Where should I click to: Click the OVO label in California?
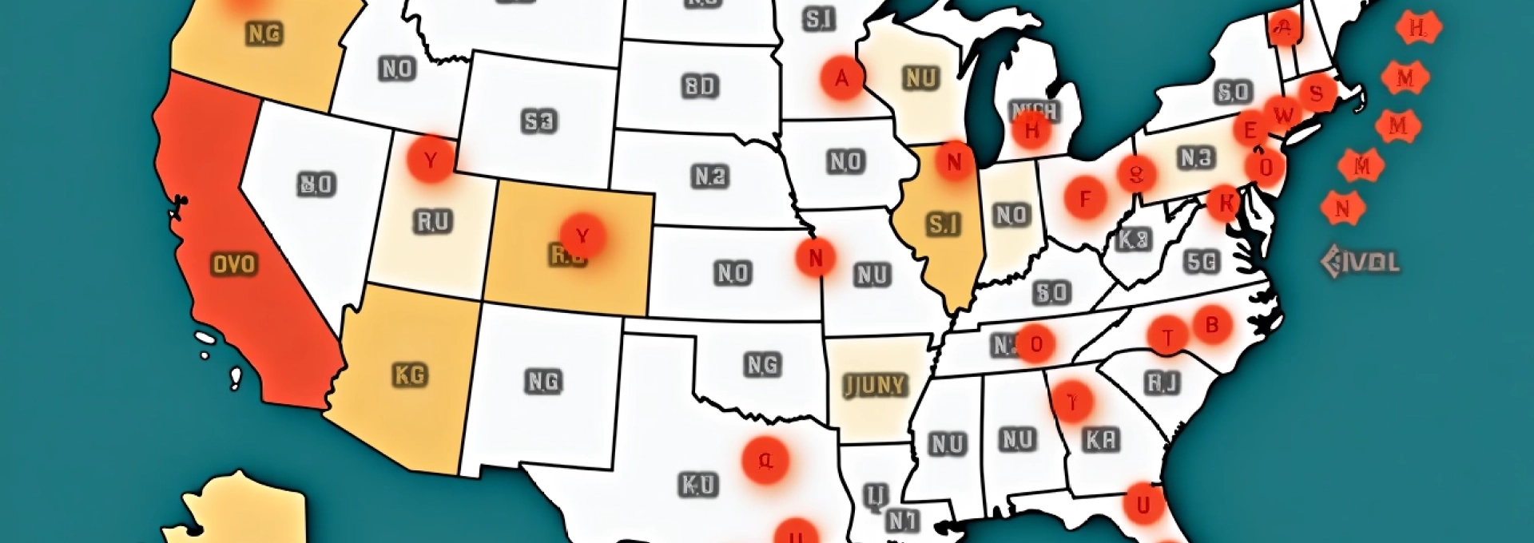click(x=234, y=264)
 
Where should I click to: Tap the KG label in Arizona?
click(x=411, y=375)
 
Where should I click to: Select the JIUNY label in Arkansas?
click(x=875, y=386)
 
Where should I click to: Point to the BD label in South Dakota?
click(x=701, y=86)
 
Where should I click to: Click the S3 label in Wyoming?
click(x=538, y=121)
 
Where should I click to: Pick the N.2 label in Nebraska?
click(x=710, y=176)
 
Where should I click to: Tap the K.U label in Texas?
click(x=698, y=485)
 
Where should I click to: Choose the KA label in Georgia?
click(x=1102, y=439)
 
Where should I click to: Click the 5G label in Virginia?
click(x=1201, y=261)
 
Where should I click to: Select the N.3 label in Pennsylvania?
click(x=1196, y=158)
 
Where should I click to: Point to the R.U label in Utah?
click(x=433, y=221)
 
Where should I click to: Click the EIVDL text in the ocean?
click(x=1360, y=262)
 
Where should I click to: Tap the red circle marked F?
click(x=1085, y=198)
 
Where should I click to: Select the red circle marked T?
click(x=1168, y=337)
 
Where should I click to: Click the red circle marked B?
click(x=1212, y=325)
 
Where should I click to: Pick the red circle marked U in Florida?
click(x=1143, y=505)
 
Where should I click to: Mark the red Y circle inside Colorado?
click(x=582, y=236)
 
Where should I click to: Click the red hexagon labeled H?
click(x=1417, y=28)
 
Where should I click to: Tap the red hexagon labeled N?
click(x=1342, y=208)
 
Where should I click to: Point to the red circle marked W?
click(x=1283, y=114)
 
